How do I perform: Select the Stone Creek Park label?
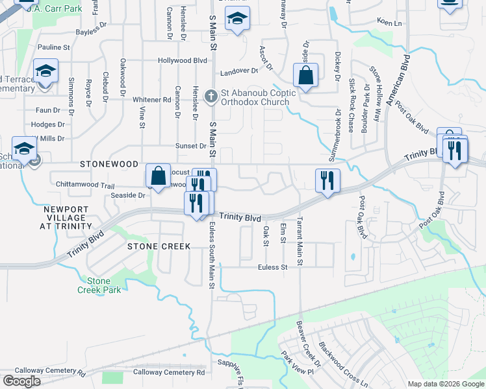104,285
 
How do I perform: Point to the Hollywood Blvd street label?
182,60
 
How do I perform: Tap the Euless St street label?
272,267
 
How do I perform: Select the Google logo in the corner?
21,381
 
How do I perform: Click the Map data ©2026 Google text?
445,384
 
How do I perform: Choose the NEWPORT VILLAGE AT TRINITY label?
68,217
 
